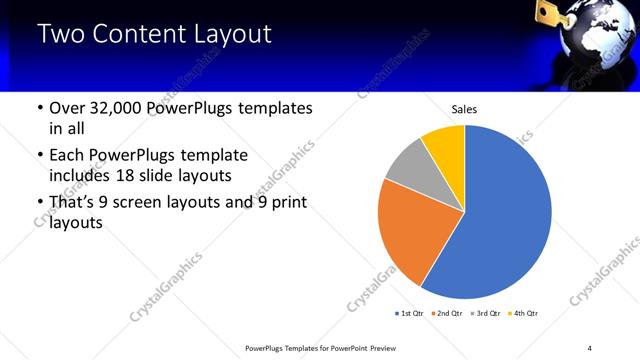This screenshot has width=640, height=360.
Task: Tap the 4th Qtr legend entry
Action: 526,314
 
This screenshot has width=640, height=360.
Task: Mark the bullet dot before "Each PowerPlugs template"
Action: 39,156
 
